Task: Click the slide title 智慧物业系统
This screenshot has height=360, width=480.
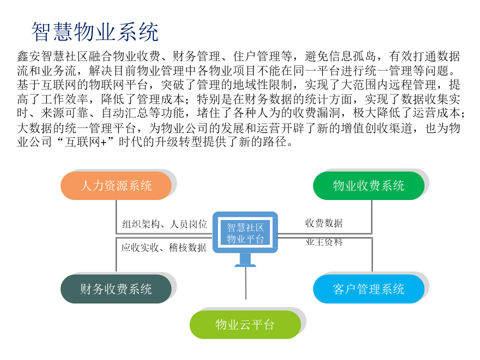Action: tap(95, 32)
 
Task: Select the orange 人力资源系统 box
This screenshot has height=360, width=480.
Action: tap(116, 186)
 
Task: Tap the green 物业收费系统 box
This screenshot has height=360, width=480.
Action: tap(368, 186)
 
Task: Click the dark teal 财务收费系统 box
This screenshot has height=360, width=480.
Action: tap(116, 289)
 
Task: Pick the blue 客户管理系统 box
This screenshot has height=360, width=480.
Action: tap(368, 289)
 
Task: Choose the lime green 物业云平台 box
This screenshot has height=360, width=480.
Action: tap(245, 325)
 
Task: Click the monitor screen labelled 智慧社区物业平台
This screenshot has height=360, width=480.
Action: tap(245, 232)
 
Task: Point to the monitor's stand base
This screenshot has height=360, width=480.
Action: tap(245, 264)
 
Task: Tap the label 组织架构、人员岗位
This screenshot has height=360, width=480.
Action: tap(164, 224)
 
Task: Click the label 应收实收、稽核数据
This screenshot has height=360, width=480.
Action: tap(163, 247)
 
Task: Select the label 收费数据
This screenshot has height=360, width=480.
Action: tap(324, 223)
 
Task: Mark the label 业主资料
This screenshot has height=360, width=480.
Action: tap(324, 242)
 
